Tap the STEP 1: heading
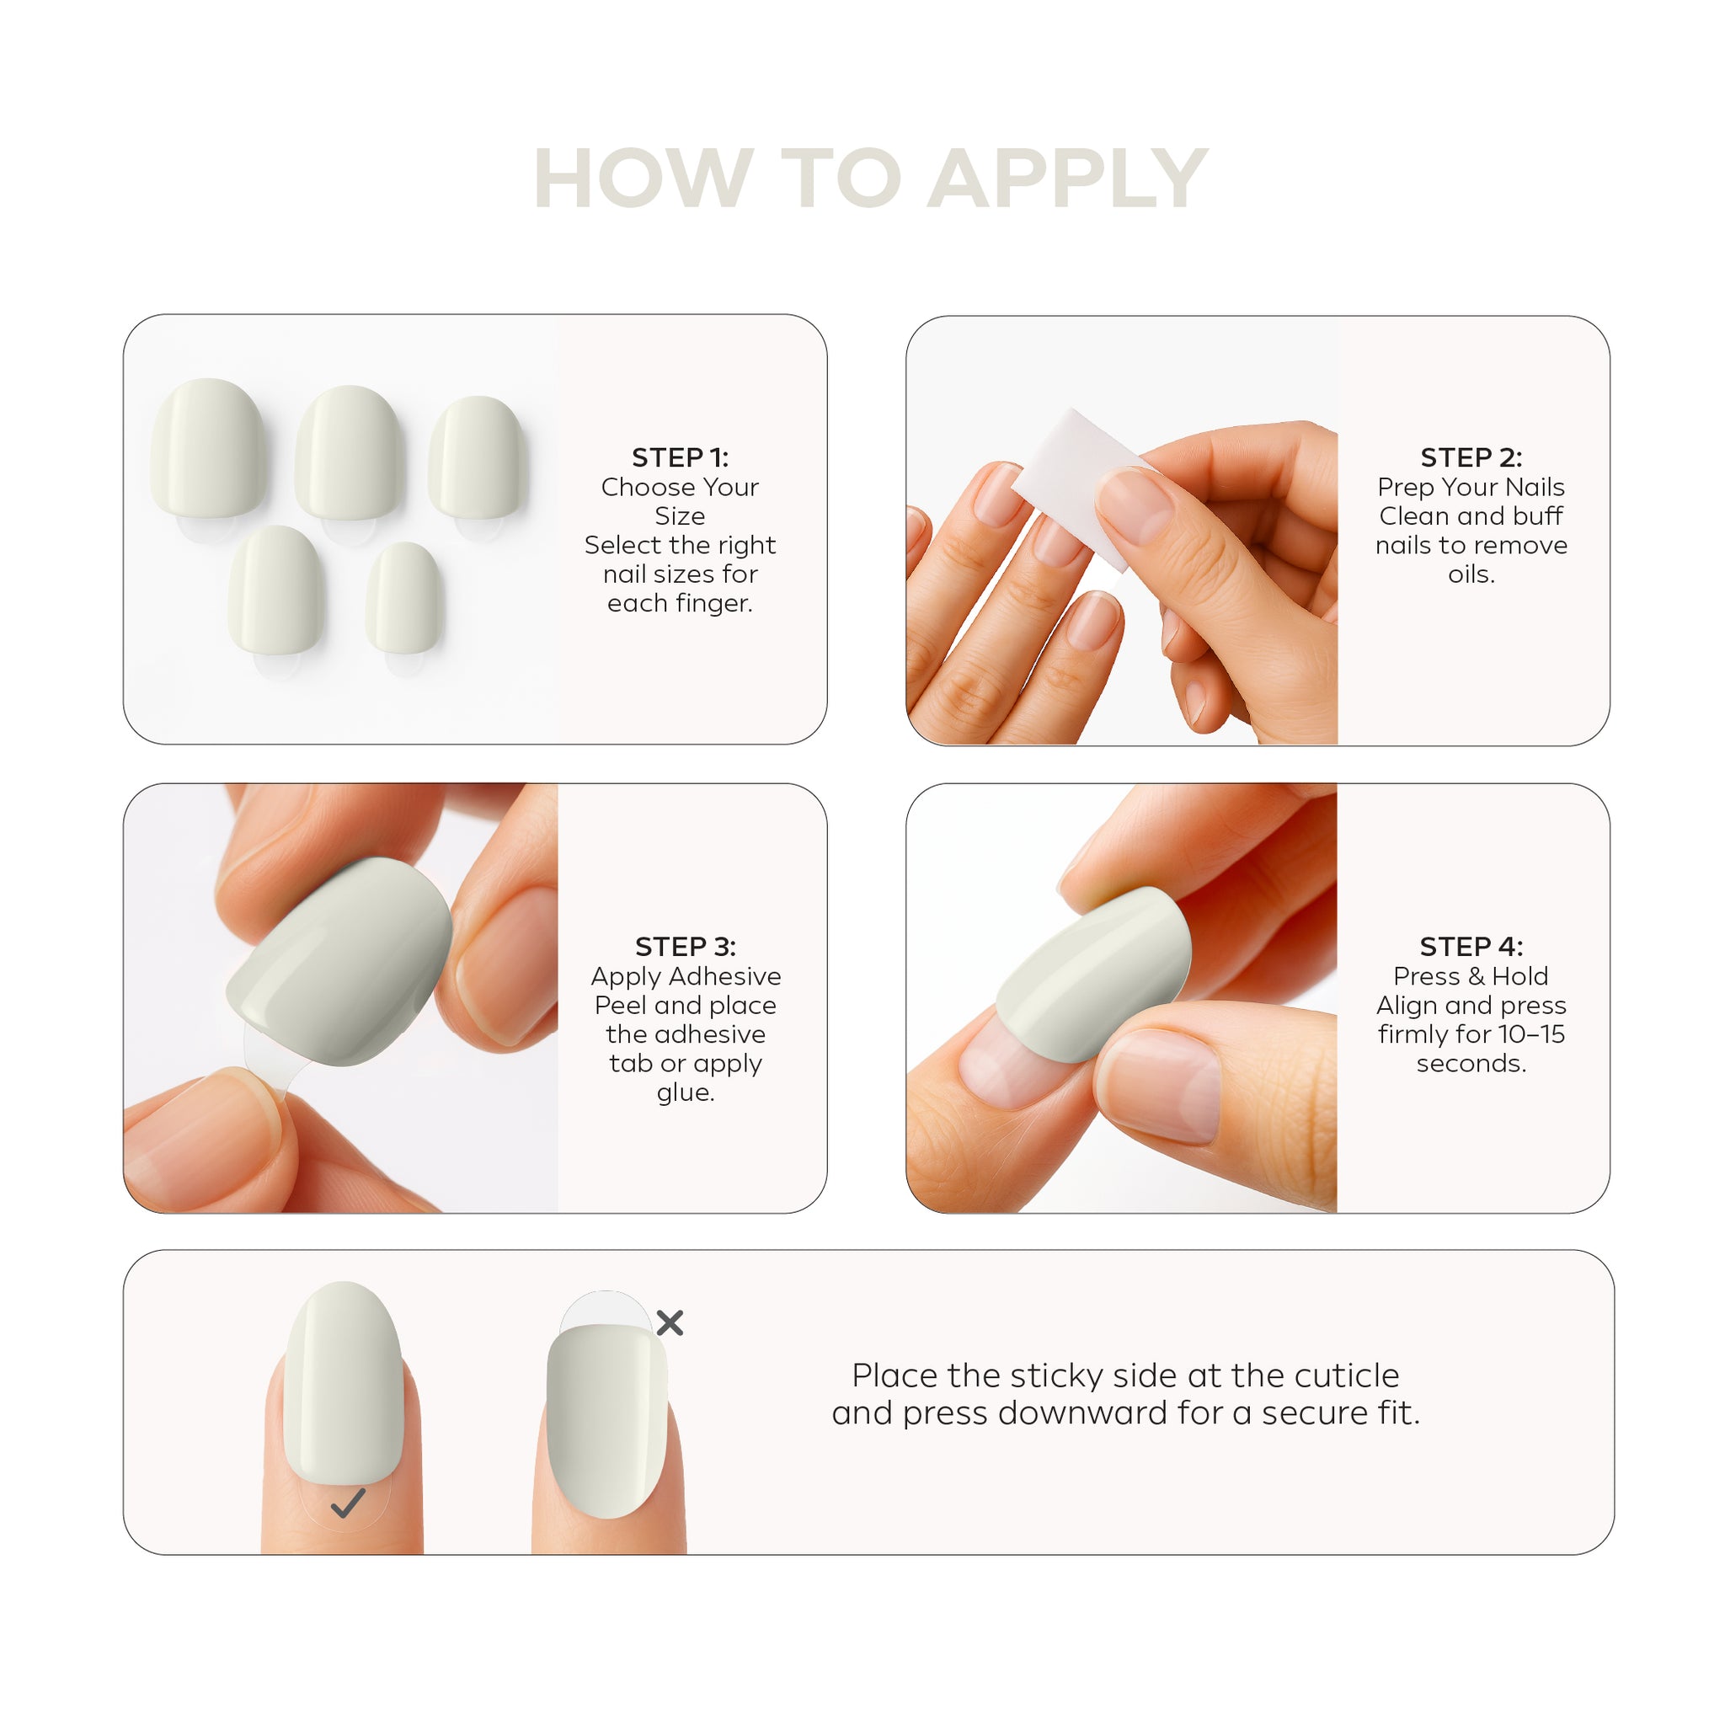(x=681, y=458)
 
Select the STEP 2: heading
(x=1471, y=458)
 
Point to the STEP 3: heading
(x=686, y=947)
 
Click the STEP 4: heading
(x=1471, y=947)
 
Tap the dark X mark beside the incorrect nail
(x=670, y=1322)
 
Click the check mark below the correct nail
(x=348, y=1503)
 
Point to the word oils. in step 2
(x=1471, y=574)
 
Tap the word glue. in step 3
(x=686, y=1092)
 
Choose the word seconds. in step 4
(x=1471, y=1064)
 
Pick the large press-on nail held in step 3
(x=339, y=963)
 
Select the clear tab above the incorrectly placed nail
(x=606, y=1310)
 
